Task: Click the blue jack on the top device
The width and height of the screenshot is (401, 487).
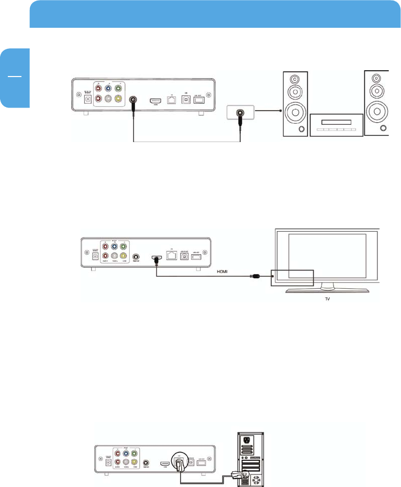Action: (108, 88)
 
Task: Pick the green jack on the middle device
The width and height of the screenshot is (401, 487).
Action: (124, 246)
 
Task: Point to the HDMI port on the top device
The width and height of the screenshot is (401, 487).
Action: (156, 99)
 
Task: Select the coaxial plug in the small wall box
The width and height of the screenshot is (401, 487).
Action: (240, 112)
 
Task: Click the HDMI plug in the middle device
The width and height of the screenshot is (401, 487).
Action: (156, 258)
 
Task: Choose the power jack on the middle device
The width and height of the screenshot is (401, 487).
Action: (95, 256)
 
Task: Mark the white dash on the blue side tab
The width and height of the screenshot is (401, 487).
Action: (14, 77)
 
